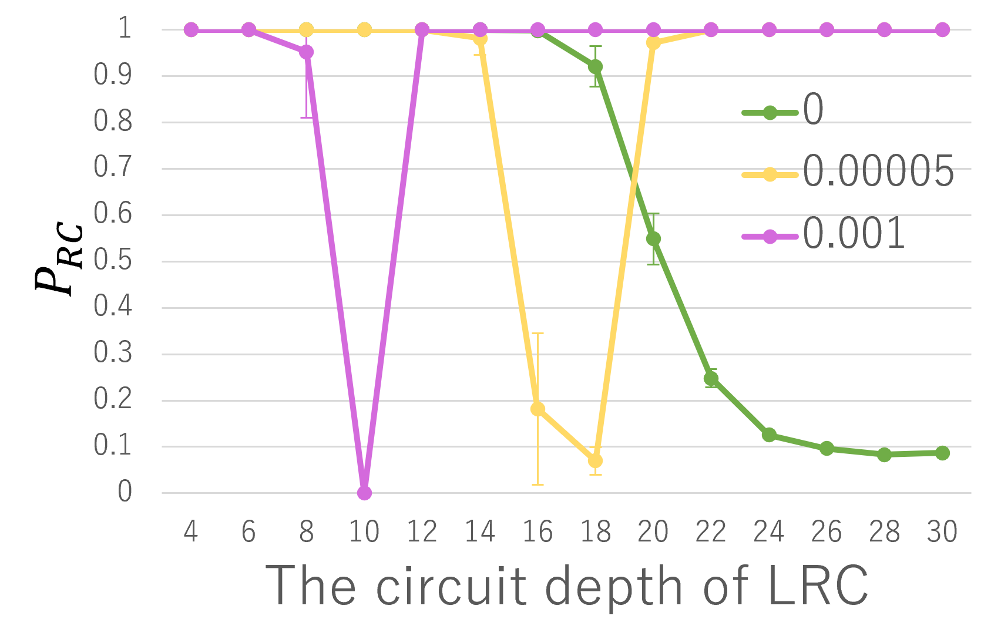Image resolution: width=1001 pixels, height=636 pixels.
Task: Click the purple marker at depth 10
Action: [364, 493]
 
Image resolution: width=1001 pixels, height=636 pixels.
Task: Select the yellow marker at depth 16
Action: [538, 409]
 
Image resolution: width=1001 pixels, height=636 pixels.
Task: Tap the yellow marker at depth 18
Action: [595, 460]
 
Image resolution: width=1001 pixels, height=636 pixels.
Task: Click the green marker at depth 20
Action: [653, 238]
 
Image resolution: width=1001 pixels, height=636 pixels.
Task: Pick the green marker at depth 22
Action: [711, 379]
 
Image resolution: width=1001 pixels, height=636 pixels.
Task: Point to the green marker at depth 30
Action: [942, 453]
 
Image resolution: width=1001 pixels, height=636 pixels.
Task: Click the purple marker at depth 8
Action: [306, 52]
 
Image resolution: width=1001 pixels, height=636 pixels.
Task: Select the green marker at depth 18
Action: [595, 67]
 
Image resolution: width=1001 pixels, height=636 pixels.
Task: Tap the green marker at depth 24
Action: [769, 435]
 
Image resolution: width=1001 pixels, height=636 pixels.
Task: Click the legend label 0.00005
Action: [878, 172]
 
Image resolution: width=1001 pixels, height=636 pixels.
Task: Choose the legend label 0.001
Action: [854, 234]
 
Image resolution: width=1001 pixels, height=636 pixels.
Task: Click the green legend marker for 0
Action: [770, 112]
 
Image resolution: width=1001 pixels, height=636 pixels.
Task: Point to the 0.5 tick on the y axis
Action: [113, 261]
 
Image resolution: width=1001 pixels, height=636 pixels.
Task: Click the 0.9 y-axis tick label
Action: [113, 75]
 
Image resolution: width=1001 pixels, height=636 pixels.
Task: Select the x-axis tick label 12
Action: [422, 532]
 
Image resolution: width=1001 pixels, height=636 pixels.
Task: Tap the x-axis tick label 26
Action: [826, 532]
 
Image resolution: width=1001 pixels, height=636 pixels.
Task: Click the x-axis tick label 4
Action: [190, 532]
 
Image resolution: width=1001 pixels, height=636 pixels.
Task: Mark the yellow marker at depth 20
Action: [653, 42]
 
